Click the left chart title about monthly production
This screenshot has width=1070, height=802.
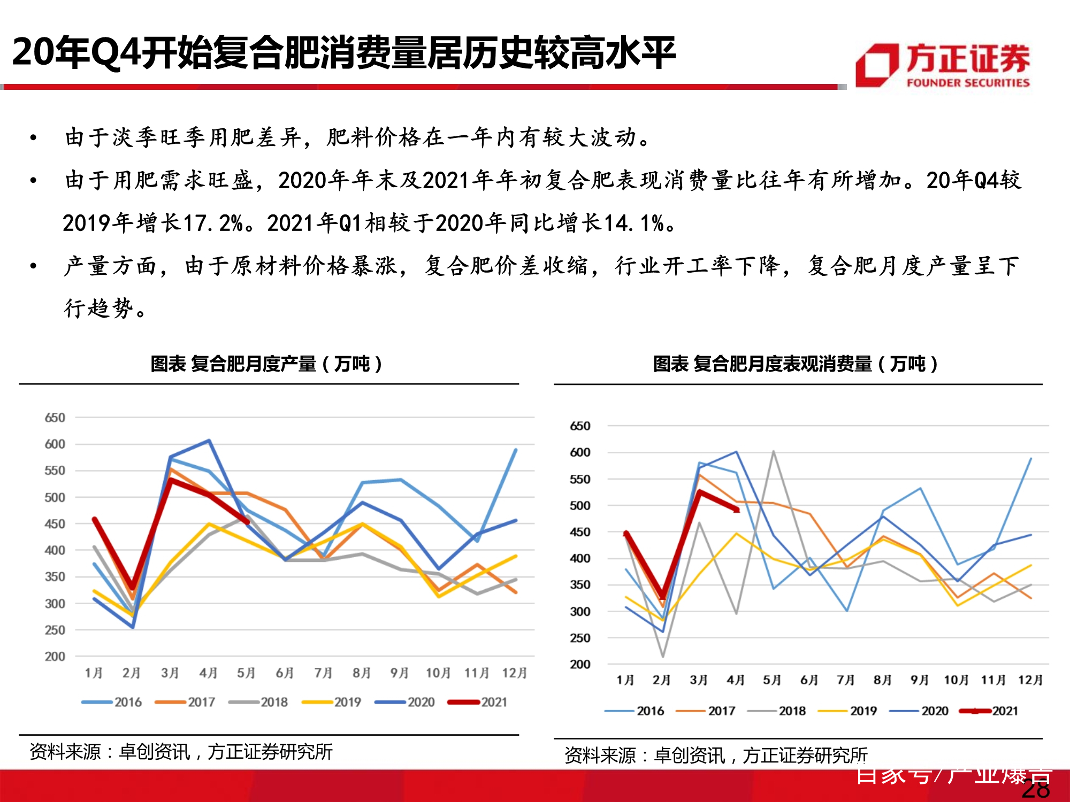266,364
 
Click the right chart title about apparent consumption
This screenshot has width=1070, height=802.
795,364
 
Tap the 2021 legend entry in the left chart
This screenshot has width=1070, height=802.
478,702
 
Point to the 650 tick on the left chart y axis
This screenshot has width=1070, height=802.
55,418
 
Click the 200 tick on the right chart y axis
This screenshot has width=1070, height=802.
579,664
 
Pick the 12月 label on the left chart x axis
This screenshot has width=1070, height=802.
514,673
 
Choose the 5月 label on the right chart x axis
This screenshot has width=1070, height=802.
772,680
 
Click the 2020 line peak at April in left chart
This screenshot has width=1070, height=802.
209,441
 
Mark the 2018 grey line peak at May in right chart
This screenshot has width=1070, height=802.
773,451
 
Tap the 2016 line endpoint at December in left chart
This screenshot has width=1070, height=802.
516,450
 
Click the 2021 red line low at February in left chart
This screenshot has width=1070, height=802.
132,588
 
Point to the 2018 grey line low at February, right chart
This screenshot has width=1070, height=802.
663,656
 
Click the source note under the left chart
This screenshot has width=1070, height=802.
181,752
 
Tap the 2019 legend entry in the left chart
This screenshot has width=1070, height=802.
332,702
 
